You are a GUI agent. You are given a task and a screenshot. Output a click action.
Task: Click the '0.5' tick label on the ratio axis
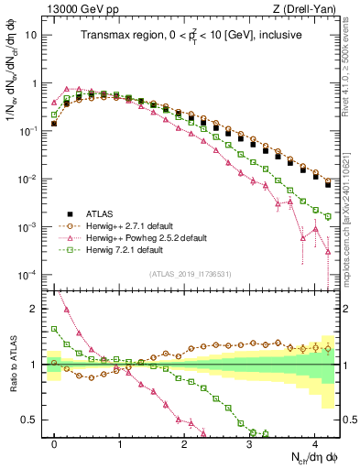tap(29, 420)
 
